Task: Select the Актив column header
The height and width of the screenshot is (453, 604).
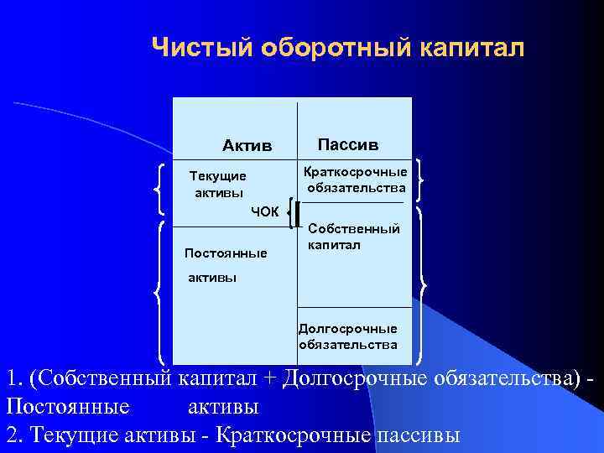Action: click(247, 146)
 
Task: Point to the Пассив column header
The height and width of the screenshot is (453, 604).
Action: click(348, 144)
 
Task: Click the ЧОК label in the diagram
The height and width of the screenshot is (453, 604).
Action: click(264, 211)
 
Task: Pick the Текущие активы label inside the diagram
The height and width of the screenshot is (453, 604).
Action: click(217, 185)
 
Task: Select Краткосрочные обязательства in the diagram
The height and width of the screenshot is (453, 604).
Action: click(357, 180)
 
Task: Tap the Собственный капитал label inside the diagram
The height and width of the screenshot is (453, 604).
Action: click(353, 237)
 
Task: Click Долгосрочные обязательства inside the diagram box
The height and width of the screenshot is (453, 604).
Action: click(347, 336)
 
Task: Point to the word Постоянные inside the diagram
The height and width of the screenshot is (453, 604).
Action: click(226, 253)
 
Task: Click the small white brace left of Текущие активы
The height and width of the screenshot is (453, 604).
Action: click(160, 189)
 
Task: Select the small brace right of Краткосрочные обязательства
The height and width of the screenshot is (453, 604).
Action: click(419, 180)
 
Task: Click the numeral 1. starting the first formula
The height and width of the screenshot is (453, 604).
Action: click(12, 378)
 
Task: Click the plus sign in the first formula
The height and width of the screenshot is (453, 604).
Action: click(268, 379)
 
